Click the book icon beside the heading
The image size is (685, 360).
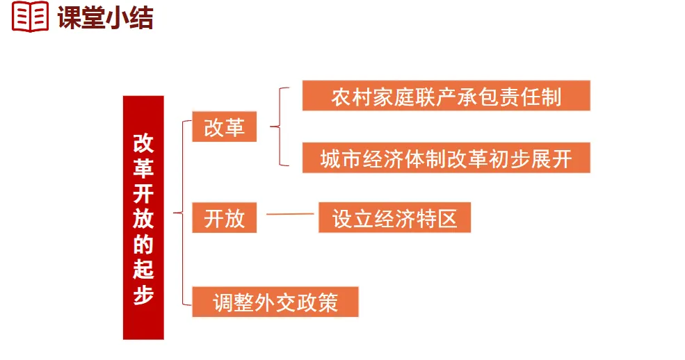[x=30, y=16]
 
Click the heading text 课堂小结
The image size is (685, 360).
[x=106, y=17]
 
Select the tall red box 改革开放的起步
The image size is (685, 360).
[x=143, y=218]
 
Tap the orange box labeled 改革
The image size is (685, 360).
[x=224, y=127]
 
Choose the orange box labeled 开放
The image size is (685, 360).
[x=224, y=218]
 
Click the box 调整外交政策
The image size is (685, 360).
[x=275, y=302]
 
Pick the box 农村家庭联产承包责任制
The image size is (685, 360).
[x=446, y=96]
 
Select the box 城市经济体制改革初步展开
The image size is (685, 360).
[x=446, y=158]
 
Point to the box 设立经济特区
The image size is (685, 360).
[x=394, y=218]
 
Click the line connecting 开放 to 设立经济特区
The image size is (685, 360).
[x=290, y=214]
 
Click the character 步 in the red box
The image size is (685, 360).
[x=143, y=293]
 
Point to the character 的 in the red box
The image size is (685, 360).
[x=143, y=243]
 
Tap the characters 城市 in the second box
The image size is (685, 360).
[x=338, y=158]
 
